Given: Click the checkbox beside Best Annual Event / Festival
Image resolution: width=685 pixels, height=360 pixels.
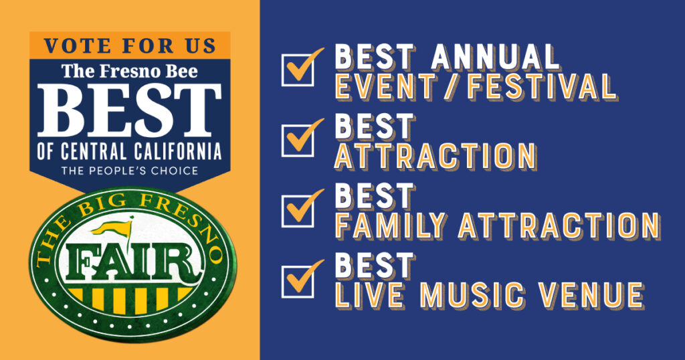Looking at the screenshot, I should pos(298,69).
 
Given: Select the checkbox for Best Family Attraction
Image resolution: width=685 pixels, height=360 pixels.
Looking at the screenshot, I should pos(298,209).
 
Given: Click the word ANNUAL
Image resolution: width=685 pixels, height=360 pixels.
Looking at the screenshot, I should pos(496,57).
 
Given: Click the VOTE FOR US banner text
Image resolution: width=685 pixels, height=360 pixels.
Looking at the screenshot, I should pos(130,46).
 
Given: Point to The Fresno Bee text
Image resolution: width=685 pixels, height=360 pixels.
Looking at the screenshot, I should pos(130,71).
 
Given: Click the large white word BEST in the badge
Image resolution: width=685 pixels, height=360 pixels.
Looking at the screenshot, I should pos(130,110).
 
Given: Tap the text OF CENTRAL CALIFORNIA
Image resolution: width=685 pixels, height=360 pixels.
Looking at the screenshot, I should pos(130,151).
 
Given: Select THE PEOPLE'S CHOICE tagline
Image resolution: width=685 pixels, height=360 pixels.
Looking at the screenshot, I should pos(130,171).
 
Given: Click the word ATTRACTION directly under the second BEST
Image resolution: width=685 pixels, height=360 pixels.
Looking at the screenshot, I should pos(435,157).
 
